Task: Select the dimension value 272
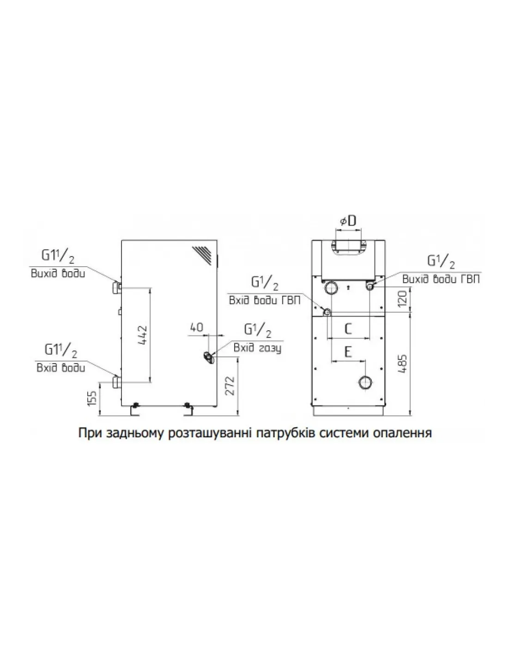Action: pos(231,386)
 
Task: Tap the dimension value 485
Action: pos(403,365)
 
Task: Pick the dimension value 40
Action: pos(197,327)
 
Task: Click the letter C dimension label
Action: pos(348,328)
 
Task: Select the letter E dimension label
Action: pos(348,352)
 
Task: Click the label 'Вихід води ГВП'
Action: pos(441,279)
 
